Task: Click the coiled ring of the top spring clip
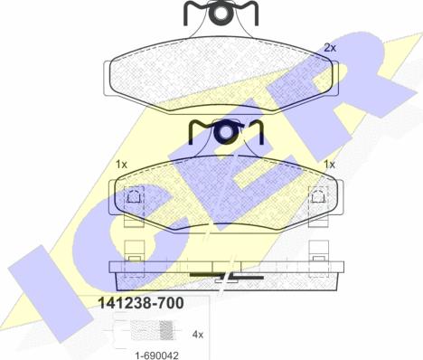(x=221, y=13)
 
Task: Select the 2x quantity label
(x=330, y=47)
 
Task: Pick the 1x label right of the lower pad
(x=329, y=165)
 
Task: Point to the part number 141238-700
(x=138, y=306)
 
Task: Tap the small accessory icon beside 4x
(x=126, y=336)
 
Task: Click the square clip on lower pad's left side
(x=133, y=195)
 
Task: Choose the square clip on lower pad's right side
(x=317, y=195)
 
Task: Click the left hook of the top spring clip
(x=190, y=13)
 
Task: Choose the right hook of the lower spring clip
(x=257, y=132)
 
